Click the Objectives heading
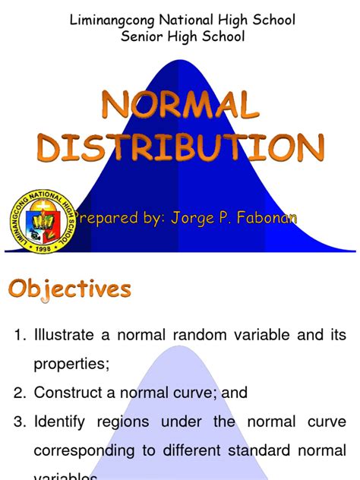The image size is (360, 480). tap(70, 289)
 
